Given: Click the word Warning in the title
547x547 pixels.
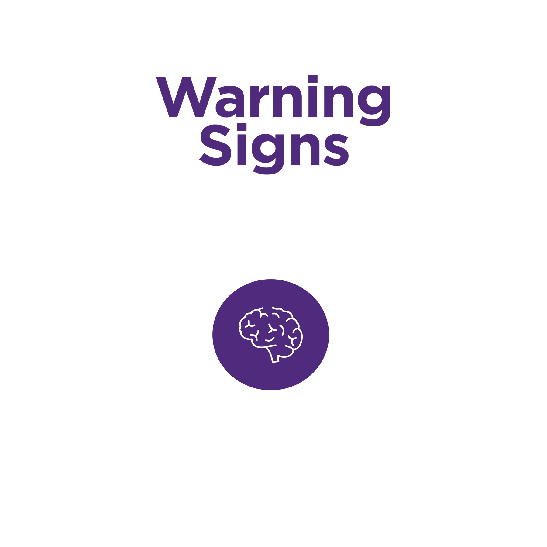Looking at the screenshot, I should [x=273, y=97].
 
